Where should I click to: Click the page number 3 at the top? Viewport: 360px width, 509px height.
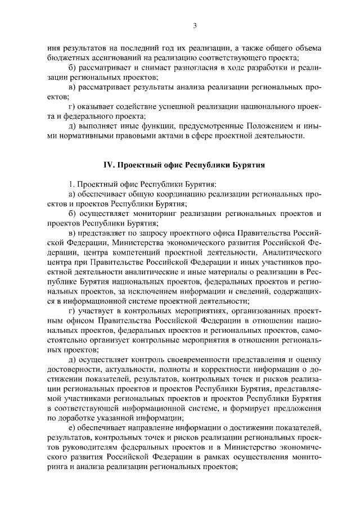click(x=194, y=25)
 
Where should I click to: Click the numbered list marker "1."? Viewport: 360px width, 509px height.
click(x=71, y=184)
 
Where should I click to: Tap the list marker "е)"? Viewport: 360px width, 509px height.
click(x=72, y=428)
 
